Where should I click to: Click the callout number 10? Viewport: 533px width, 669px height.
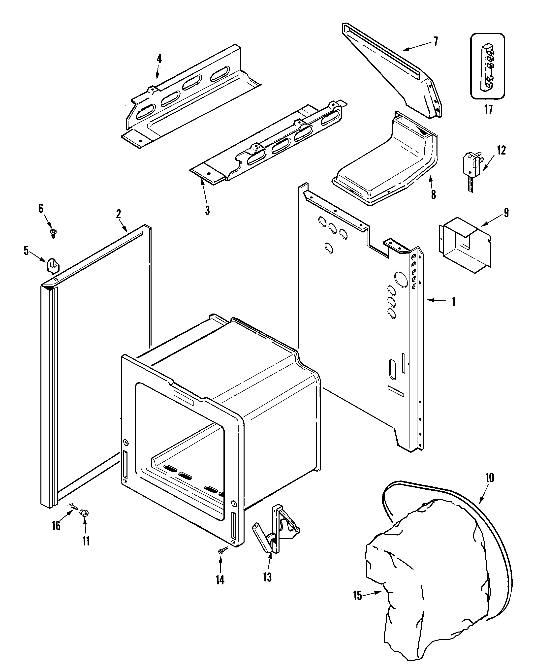tap(490, 478)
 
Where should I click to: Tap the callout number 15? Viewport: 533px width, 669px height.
tap(357, 596)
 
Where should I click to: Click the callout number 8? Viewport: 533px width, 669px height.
tap(433, 194)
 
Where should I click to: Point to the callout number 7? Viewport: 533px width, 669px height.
tap(436, 41)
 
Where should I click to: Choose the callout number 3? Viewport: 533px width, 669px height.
tap(207, 210)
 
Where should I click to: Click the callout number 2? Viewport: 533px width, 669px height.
tap(119, 214)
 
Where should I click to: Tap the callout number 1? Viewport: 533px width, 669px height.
tap(454, 302)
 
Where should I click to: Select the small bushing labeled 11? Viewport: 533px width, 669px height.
tap(84, 513)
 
